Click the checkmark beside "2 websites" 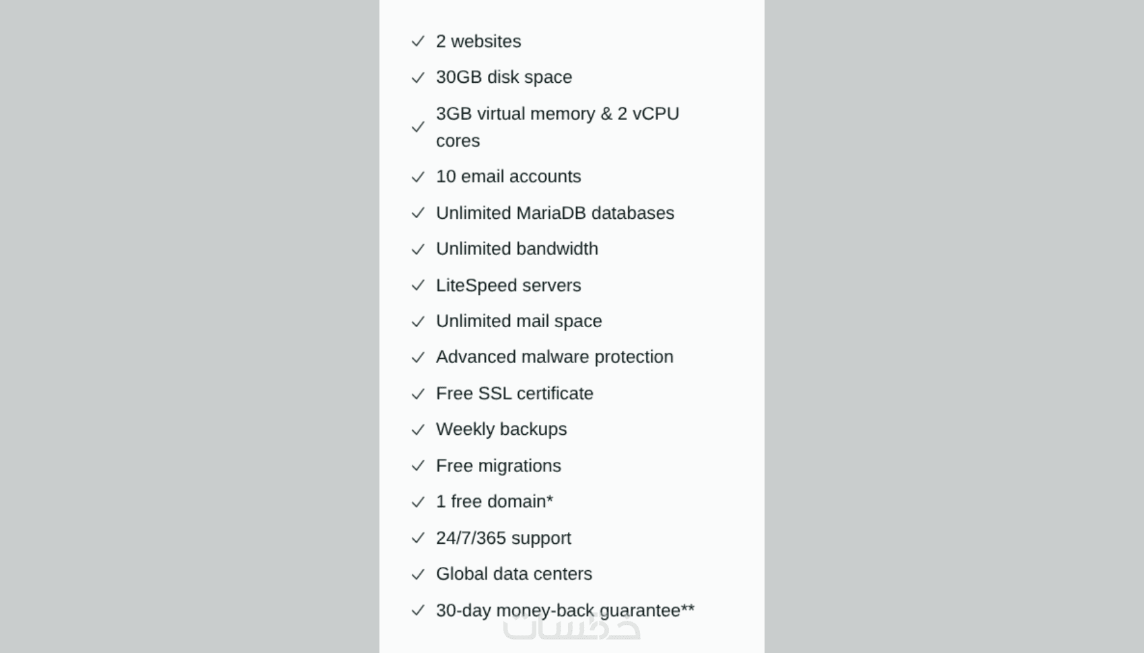coord(418,41)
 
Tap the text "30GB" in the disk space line coord(459,77)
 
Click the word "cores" coord(458,141)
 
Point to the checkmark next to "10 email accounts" coord(418,177)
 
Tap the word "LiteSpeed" coord(476,285)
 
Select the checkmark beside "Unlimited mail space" coord(418,321)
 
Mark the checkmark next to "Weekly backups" coord(418,429)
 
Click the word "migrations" coord(520,466)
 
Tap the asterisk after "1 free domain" coord(550,498)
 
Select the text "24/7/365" coord(471,538)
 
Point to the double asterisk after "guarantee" coord(688,607)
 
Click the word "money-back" coord(545,611)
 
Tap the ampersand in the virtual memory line coord(606,113)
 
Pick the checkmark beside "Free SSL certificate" coord(418,394)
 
